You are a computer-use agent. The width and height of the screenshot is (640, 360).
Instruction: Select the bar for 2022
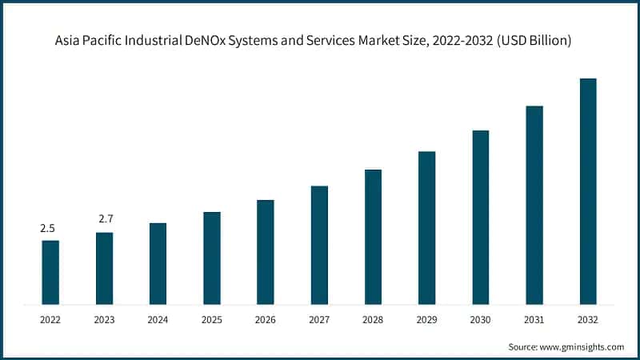tap(50, 272)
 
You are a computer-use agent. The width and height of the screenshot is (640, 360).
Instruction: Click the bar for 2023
tap(104, 268)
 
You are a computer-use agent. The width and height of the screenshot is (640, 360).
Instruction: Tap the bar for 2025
tap(212, 258)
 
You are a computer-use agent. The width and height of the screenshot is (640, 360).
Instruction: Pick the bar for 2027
tap(319, 245)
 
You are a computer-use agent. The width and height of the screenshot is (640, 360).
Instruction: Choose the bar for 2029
tap(426, 227)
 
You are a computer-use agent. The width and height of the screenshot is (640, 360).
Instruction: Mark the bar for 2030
tap(480, 217)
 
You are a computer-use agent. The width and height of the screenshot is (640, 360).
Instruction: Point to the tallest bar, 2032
tap(588, 191)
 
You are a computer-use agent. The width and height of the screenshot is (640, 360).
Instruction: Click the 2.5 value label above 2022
tap(48, 228)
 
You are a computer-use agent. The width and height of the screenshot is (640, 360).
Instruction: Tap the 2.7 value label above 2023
tap(105, 218)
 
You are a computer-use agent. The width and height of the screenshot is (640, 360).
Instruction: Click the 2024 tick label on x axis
tap(158, 319)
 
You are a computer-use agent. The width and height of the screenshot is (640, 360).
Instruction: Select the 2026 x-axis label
tap(266, 319)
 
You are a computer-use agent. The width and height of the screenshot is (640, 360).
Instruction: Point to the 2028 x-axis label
tap(373, 319)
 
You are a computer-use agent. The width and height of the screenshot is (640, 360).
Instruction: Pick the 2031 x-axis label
tap(534, 319)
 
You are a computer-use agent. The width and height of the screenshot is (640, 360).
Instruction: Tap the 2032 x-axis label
tap(588, 319)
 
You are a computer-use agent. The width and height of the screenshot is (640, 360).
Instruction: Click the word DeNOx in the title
tap(234, 41)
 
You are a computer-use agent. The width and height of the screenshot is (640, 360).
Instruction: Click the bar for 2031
tap(534, 205)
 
